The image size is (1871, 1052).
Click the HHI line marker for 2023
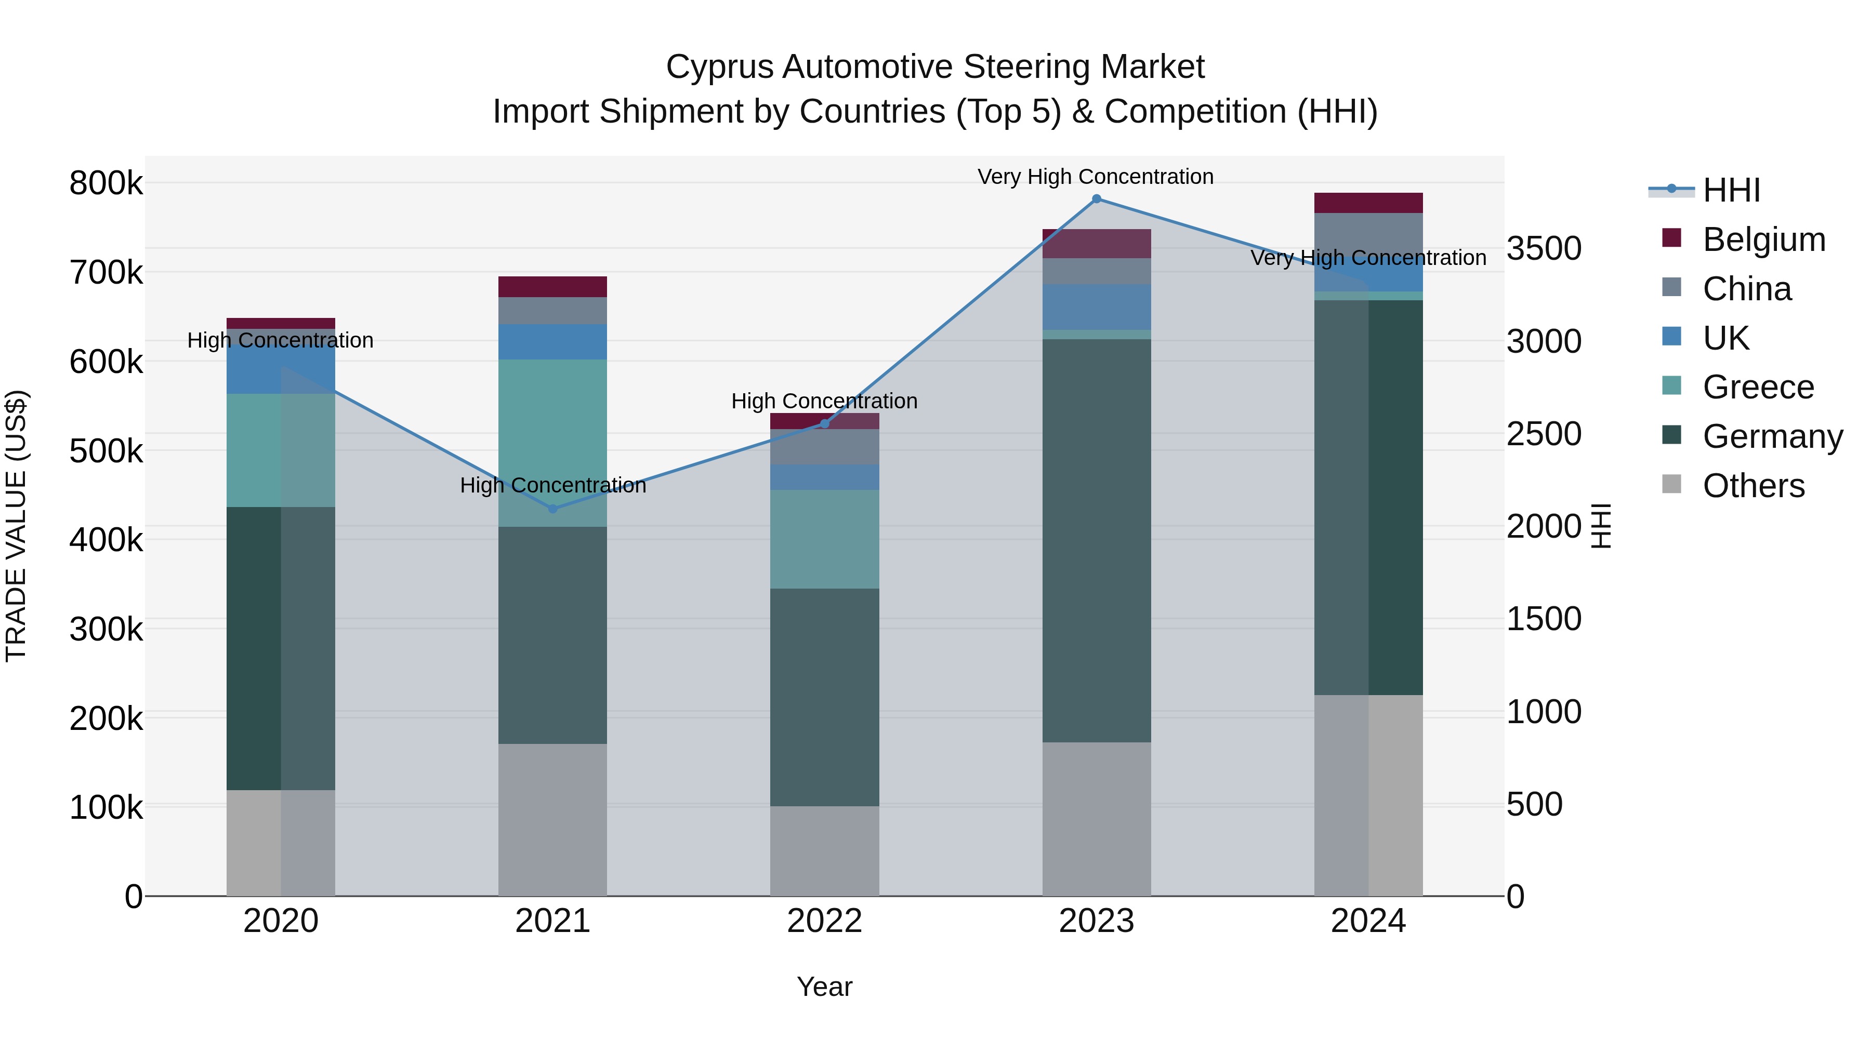coord(1096,199)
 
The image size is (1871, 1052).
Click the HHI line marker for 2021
coord(553,509)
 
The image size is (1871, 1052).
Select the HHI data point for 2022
coord(824,423)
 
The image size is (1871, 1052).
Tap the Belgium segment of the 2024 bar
coord(1368,203)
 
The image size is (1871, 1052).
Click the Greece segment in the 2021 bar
coord(553,443)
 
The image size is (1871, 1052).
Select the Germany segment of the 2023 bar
coord(1096,541)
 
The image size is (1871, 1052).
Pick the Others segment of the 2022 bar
coord(824,851)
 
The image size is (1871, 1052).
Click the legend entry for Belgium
coord(1763,239)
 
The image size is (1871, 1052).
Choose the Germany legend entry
coord(1772,436)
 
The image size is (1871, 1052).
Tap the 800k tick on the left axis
coord(106,183)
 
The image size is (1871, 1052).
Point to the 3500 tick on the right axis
coord(1544,248)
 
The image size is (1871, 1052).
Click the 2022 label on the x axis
coord(824,921)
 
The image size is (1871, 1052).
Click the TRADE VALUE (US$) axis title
coord(16,526)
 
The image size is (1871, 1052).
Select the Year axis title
coord(824,987)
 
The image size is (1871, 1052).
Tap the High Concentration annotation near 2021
coord(553,485)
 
